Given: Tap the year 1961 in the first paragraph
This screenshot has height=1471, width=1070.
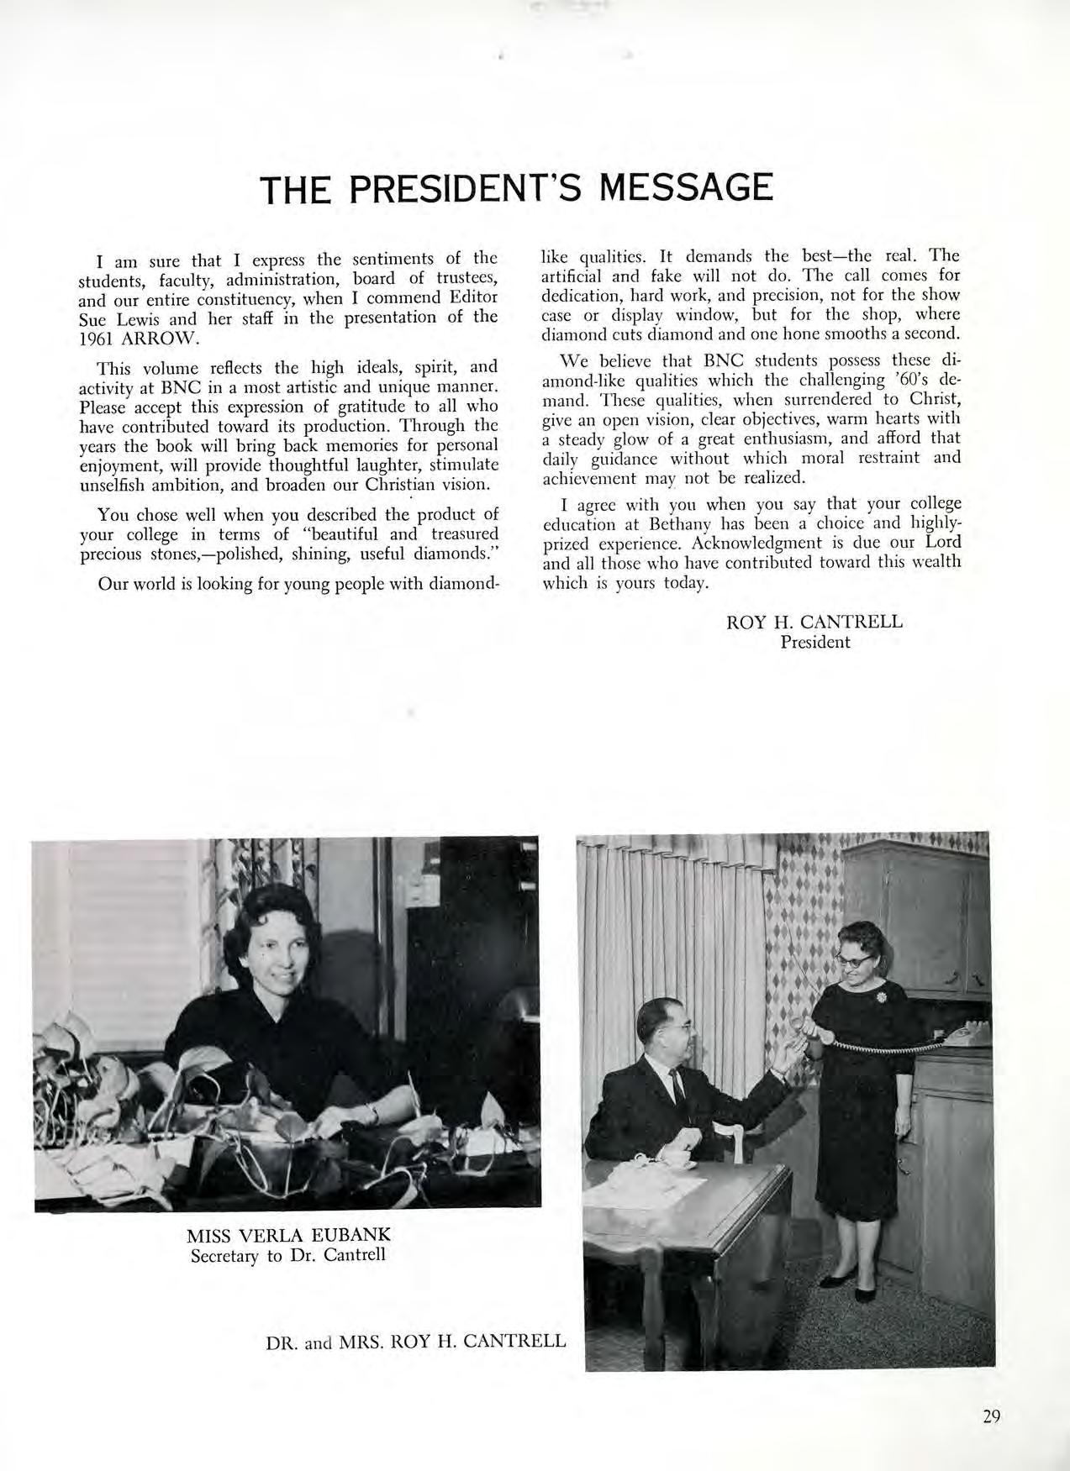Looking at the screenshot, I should point(99,338).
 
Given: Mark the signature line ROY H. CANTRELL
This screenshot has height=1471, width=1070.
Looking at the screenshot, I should point(814,622).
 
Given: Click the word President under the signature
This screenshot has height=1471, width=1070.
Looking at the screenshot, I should point(814,643).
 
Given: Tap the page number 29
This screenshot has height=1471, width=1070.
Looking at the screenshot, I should point(991,1417).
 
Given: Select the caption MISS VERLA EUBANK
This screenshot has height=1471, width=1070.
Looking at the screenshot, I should point(288,1236).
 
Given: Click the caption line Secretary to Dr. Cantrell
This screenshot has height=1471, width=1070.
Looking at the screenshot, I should point(287,1256).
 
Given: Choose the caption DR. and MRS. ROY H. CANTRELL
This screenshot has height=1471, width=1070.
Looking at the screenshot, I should point(415,1340).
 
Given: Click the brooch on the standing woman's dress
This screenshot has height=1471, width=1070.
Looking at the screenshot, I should point(882,996).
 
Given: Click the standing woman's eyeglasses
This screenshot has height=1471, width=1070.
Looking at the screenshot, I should point(851,955).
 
